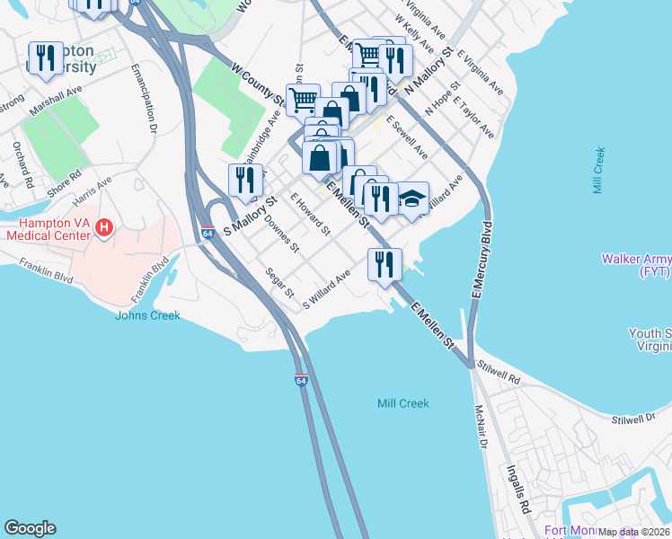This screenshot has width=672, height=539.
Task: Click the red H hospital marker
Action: [103, 229]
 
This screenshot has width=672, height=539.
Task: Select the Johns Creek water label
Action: [147, 315]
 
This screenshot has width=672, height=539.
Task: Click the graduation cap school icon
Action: [412, 199]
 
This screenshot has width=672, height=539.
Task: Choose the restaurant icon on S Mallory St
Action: [245, 180]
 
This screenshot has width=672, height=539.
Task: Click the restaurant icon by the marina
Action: [385, 264]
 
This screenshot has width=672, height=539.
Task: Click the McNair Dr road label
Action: [481, 428]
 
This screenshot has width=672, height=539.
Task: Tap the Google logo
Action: [30, 528]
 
